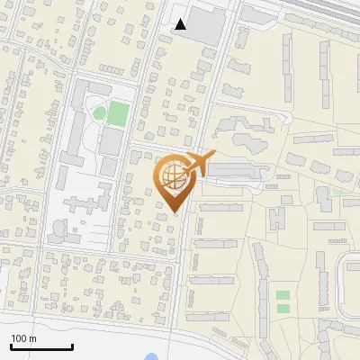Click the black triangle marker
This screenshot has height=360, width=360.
[x=181, y=24]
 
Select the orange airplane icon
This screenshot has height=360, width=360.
[x=201, y=165]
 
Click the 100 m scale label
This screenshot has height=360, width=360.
[x=23, y=338]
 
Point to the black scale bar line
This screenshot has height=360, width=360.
[x=41, y=347]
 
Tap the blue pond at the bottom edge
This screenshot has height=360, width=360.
[x=151, y=357]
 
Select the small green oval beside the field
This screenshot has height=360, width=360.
[x=99, y=112]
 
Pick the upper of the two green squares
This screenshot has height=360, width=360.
[x=283, y=295]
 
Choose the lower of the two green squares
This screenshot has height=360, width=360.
[x=283, y=309]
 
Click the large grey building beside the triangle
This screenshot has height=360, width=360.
[x=205, y=27]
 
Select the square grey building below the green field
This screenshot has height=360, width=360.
[x=110, y=140]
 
